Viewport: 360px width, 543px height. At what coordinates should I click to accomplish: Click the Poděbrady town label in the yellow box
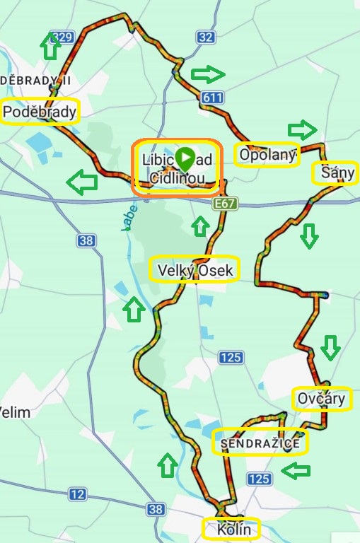pyautogui.click(x=40, y=112)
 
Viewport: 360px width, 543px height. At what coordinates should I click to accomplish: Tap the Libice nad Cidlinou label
pyautogui.click(x=178, y=168)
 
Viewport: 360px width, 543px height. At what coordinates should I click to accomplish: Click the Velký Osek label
pyautogui.click(x=194, y=269)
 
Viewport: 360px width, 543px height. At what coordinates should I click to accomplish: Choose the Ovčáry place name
pyautogui.click(x=322, y=399)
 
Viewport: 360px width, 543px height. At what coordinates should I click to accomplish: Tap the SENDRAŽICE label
pyautogui.click(x=260, y=443)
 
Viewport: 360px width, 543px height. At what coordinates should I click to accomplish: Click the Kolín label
pyautogui.click(x=231, y=528)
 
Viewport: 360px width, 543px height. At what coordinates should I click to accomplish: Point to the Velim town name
pyautogui.click(x=14, y=411)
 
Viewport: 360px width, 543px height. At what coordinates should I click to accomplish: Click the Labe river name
pyautogui.click(x=128, y=218)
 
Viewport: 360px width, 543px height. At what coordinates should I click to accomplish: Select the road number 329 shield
pyautogui.click(x=62, y=37)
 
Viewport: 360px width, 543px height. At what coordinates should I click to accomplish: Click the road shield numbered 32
pyautogui.click(x=206, y=37)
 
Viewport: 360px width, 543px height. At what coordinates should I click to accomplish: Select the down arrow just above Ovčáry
pyautogui.click(x=330, y=347)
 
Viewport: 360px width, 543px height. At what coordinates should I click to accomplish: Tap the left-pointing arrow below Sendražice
pyautogui.click(x=296, y=469)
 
